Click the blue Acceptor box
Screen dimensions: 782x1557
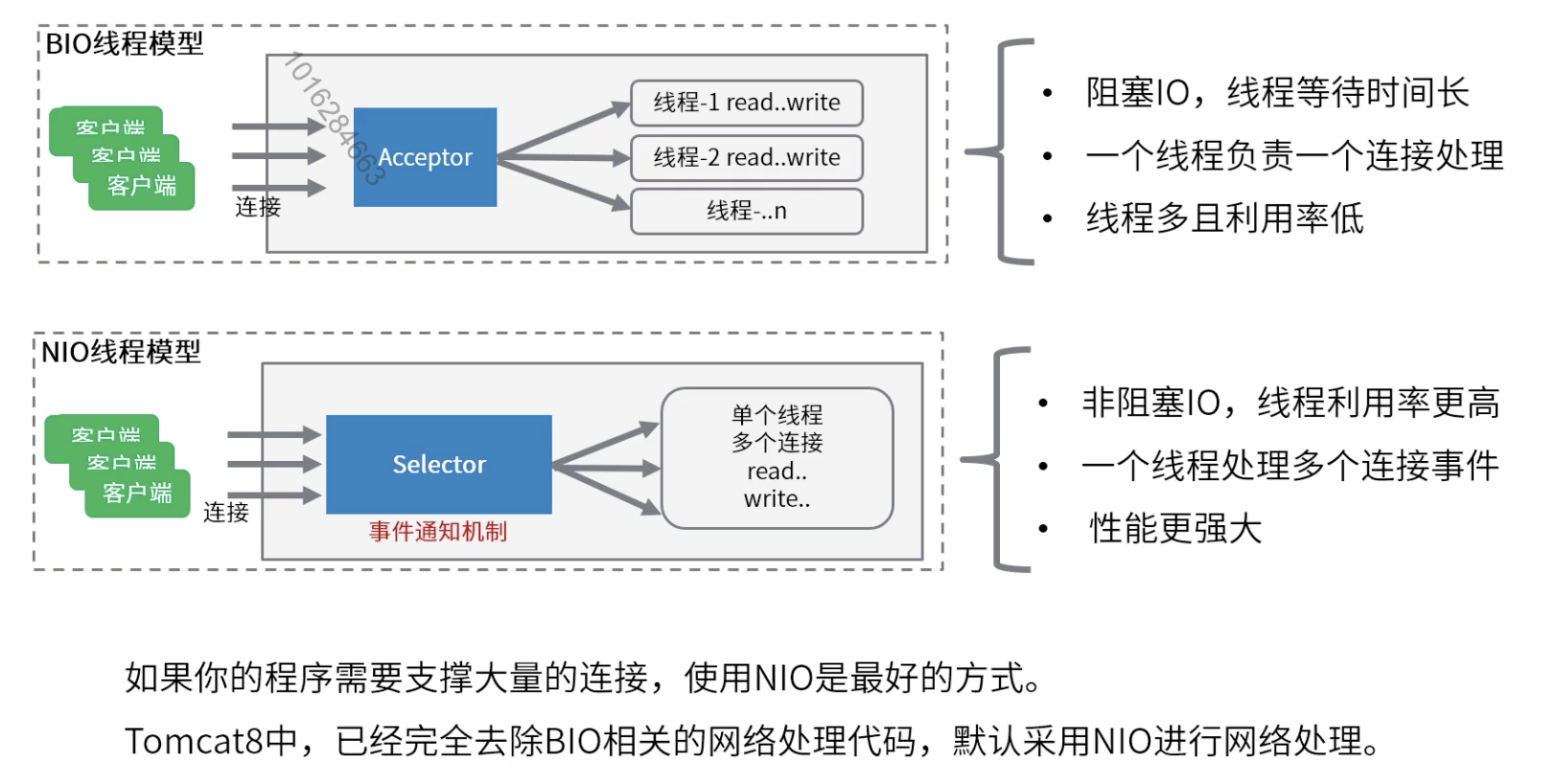[425, 157]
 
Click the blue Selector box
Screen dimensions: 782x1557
[439, 464]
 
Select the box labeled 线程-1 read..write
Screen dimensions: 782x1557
[746, 103]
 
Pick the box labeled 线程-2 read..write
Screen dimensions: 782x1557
[746, 157]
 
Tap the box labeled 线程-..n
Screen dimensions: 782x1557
[746, 211]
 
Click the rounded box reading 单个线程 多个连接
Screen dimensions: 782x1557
[777, 457]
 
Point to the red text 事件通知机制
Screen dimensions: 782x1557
[438, 531]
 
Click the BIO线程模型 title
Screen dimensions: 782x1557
[125, 44]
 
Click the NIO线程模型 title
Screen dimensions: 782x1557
[122, 352]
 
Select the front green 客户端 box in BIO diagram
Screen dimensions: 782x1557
[142, 186]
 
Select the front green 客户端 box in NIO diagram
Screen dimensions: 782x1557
[137, 494]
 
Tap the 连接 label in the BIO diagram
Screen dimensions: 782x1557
[258, 207]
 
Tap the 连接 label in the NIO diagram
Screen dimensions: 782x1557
[226, 513]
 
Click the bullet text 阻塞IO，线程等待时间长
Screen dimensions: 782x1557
[1276, 93]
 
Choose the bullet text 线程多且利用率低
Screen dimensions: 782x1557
[1224, 218]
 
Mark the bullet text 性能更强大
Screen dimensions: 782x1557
[1175, 528]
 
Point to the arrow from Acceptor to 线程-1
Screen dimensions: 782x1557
[566, 129]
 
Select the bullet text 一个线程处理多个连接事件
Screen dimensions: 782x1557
[1290, 466]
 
